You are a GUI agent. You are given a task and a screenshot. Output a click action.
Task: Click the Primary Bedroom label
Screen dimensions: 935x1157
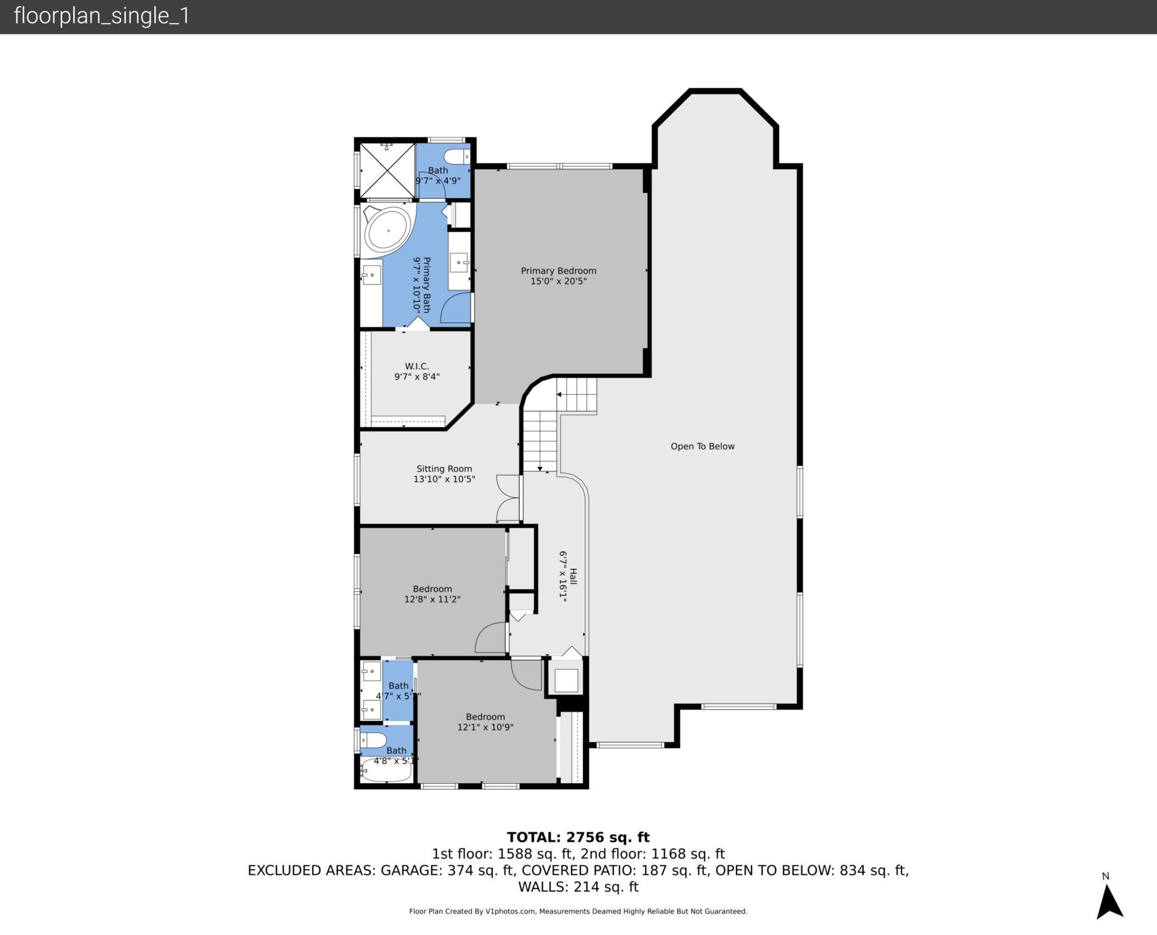[x=558, y=271]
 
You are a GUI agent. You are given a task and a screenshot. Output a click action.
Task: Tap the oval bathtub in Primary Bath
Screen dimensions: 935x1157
[x=388, y=230]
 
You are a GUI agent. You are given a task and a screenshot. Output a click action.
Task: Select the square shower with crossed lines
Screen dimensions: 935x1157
[x=387, y=170]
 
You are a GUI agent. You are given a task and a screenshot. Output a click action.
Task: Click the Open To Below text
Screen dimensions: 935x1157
[x=702, y=446]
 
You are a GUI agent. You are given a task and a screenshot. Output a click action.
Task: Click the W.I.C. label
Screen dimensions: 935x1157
[x=416, y=366]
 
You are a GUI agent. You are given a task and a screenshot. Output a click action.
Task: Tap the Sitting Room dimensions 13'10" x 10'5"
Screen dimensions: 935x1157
[x=444, y=480]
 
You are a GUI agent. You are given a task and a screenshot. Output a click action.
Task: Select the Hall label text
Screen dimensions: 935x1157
[x=573, y=577]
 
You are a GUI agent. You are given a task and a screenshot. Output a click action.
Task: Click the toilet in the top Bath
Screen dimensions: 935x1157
[x=460, y=157]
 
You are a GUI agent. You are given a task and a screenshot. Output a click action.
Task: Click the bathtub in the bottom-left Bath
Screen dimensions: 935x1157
[x=386, y=771]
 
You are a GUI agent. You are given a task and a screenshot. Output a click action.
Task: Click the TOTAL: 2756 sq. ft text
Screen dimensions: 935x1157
[x=578, y=837]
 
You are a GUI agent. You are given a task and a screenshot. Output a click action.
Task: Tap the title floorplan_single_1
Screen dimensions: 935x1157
[x=101, y=16]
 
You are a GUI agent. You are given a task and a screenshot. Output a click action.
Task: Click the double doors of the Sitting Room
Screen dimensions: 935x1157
[x=508, y=498]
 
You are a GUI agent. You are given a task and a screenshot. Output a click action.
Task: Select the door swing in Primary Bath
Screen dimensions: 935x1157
[x=456, y=308]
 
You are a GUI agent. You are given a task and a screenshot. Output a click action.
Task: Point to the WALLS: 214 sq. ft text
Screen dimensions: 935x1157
[x=578, y=887]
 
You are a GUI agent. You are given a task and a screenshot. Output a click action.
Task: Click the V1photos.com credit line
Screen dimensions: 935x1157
[x=578, y=912]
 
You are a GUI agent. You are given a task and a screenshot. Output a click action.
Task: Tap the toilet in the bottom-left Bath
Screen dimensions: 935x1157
[x=374, y=740]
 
